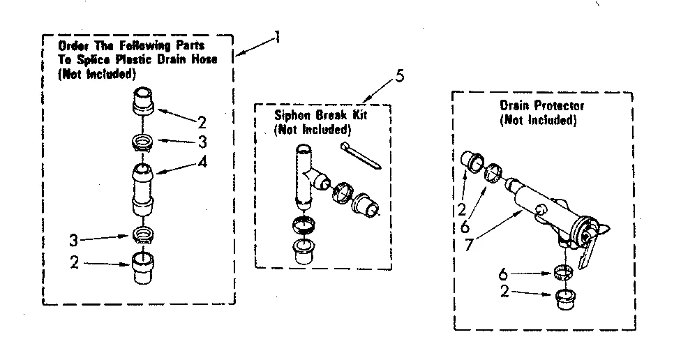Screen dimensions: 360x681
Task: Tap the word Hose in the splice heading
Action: tap(206, 59)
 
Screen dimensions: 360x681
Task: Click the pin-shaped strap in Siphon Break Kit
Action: tap(360, 155)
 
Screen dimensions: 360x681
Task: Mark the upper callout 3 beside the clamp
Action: tap(202, 144)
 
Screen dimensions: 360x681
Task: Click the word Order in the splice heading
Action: tap(71, 46)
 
